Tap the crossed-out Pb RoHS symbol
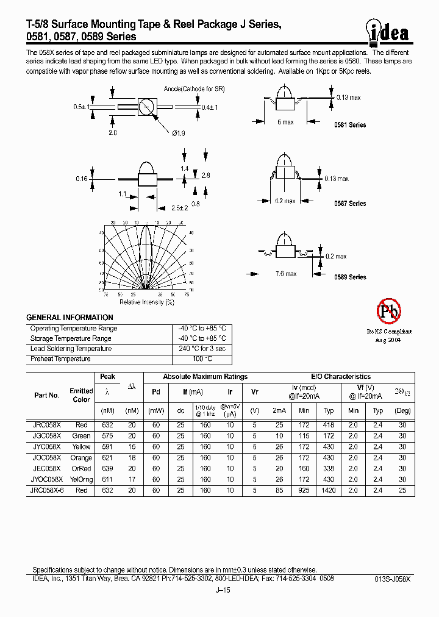[388, 312]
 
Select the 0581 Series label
[350, 125]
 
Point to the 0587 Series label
[350, 204]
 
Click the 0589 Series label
[350, 277]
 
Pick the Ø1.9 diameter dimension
[179, 133]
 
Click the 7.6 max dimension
[285, 273]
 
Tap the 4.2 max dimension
[285, 201]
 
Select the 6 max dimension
[285, 123]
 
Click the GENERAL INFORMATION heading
[70, 318]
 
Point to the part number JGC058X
[46, 436]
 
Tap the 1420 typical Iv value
[329, 490]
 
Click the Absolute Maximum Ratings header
[205, 377]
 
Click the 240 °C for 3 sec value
[202, 349]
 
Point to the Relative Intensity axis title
[147, 302]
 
